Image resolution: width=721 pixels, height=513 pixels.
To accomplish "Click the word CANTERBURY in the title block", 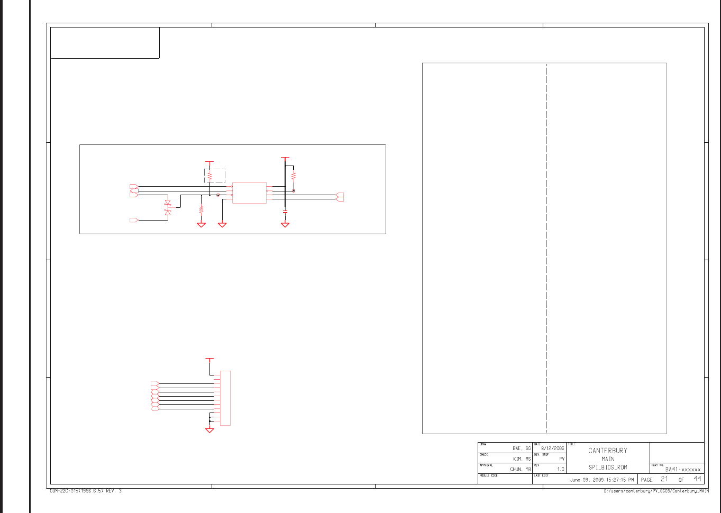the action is point(607,451).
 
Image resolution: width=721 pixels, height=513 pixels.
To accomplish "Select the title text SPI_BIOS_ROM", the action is point(607,468).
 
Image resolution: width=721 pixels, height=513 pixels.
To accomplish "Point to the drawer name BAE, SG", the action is point(521,448).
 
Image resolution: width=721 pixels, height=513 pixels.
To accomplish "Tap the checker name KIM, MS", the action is point(522,459).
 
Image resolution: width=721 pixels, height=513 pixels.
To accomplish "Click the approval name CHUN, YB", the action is point(520,469).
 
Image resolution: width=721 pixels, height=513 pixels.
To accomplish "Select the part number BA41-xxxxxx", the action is point(683,470).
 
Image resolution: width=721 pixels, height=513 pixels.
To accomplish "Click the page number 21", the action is point(664,479).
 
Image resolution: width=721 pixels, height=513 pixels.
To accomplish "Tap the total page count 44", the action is point(698,479).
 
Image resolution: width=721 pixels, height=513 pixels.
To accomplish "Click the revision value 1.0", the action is point(560,469).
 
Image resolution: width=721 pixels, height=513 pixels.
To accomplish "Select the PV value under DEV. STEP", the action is point(562,459).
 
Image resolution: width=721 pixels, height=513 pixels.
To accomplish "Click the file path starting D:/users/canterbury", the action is point(656,491).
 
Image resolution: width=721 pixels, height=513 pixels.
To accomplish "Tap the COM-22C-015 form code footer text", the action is point(85,491).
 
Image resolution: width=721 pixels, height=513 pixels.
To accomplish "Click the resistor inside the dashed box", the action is point(209,175).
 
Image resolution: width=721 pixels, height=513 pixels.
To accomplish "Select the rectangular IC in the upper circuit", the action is point(249,193).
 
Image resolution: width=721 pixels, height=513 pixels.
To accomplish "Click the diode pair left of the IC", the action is point(168,207).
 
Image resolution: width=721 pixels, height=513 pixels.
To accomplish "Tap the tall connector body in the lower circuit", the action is point(225,398).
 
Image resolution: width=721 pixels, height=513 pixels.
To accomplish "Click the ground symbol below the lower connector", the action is point(209,430).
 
